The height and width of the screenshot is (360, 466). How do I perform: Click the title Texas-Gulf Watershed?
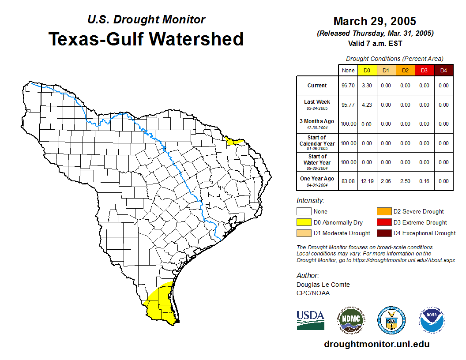(146, 39)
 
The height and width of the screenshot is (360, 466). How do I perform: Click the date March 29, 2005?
(375, 21)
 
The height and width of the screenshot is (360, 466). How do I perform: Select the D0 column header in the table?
(367, 71)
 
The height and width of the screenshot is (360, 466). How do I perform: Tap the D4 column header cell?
(443, 71)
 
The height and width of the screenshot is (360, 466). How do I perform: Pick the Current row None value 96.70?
(348, 86)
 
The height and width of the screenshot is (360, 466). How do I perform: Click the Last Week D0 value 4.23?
(367, 105)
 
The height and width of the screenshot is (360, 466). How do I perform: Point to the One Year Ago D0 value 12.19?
(367, 181)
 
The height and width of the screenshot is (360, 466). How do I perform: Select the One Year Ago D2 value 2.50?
(405, 181)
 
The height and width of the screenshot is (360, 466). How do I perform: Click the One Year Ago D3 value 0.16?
(424, 181)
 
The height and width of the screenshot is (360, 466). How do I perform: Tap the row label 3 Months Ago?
(317, 124)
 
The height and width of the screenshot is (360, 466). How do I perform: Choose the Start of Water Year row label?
(317, 162)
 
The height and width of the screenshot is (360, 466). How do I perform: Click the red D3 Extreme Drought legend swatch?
(383, 222)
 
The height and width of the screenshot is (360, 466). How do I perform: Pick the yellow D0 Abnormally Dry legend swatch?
(304, 222)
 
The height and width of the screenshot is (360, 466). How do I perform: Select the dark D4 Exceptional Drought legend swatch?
(383, 233)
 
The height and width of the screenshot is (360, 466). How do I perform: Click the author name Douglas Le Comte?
(323, 285)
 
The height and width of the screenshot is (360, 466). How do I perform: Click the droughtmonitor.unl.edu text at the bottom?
(376, 344)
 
